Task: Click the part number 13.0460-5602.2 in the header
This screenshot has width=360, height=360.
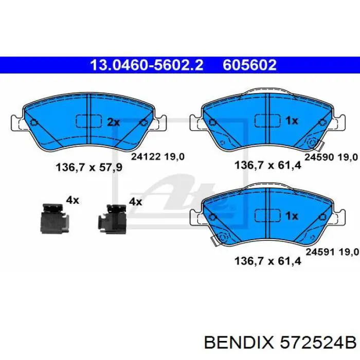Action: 147,65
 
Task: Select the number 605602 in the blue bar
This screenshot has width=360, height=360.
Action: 249,65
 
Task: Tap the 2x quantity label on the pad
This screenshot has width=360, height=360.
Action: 113,122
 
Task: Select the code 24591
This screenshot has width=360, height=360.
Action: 318,251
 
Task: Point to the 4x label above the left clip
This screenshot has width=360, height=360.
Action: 72,200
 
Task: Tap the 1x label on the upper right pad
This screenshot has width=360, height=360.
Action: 291,121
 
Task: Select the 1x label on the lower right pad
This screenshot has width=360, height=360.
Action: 291,216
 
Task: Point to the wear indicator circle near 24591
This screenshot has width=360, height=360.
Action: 223,238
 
